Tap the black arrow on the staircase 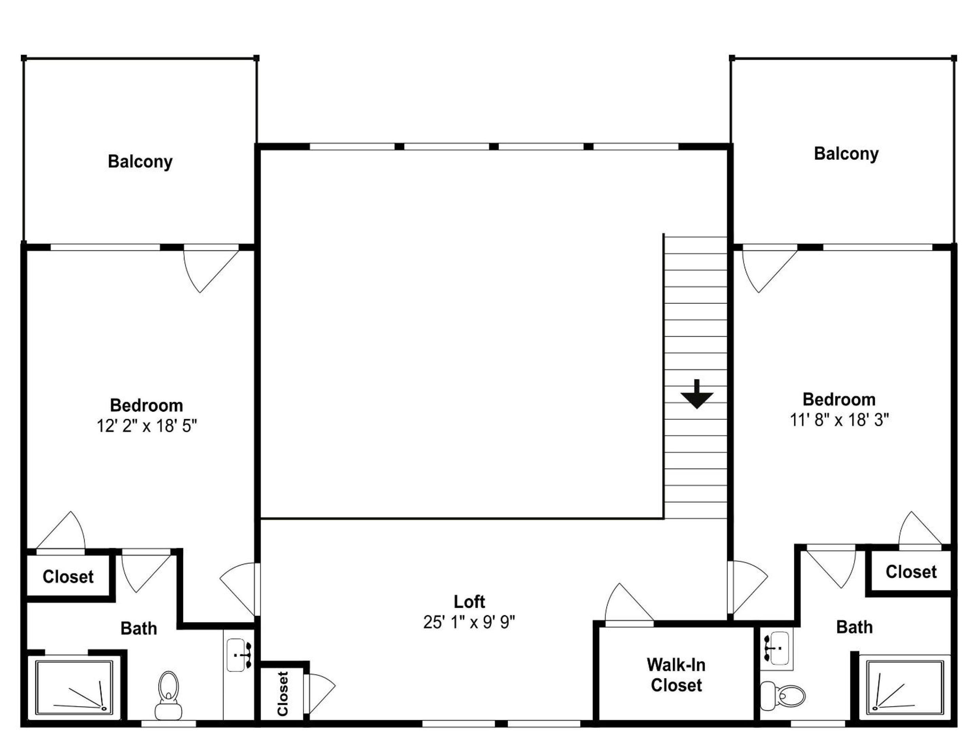[x=697, y=394]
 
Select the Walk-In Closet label [x=676, y=675]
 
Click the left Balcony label [x=140, y=162]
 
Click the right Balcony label [x=846, y=154]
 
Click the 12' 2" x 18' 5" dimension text [x=147, y=426]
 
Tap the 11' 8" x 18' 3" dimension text [x=839, y=420]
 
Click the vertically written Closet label [x=283, y=694]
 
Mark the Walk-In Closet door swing [x=628, y=603]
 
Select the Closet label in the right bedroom [x=911, y=572]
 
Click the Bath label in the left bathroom [x=139, y=628]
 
